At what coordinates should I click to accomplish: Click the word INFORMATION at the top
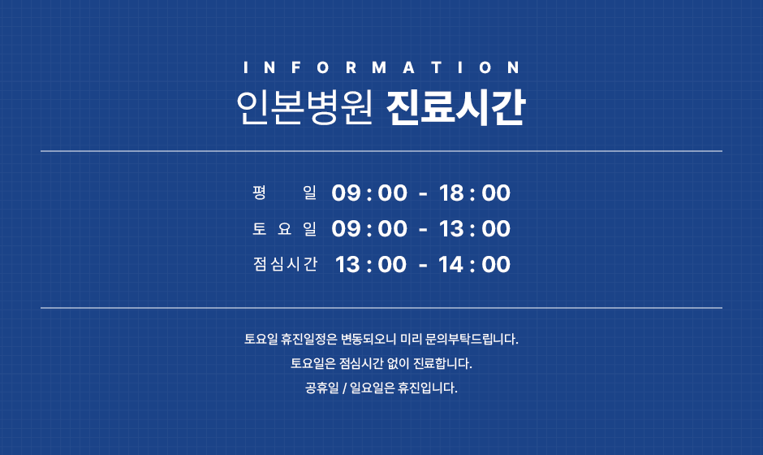coord(381,67)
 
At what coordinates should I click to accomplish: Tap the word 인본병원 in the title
coord(304,107)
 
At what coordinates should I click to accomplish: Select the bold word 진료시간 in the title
coord(455,107)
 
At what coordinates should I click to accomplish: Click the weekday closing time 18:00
coord(475,193)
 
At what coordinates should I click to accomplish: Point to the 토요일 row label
coord(285,228)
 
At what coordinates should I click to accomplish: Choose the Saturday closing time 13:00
coord(475,228)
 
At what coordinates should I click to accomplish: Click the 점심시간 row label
coord(285,264)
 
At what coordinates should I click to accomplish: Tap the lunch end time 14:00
coord(475,265)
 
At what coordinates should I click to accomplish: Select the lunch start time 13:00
coord(371,265)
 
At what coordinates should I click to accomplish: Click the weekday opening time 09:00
coord(369,193)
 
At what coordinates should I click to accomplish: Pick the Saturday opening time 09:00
coord(369,228)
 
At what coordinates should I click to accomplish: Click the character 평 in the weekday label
coord(260,193)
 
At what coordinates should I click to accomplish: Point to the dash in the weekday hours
coord(423,194)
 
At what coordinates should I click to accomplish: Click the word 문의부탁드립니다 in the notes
coord(472,339)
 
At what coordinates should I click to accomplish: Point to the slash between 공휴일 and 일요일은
coord(344,388)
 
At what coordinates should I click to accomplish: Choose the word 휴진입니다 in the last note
coord(428,388)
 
